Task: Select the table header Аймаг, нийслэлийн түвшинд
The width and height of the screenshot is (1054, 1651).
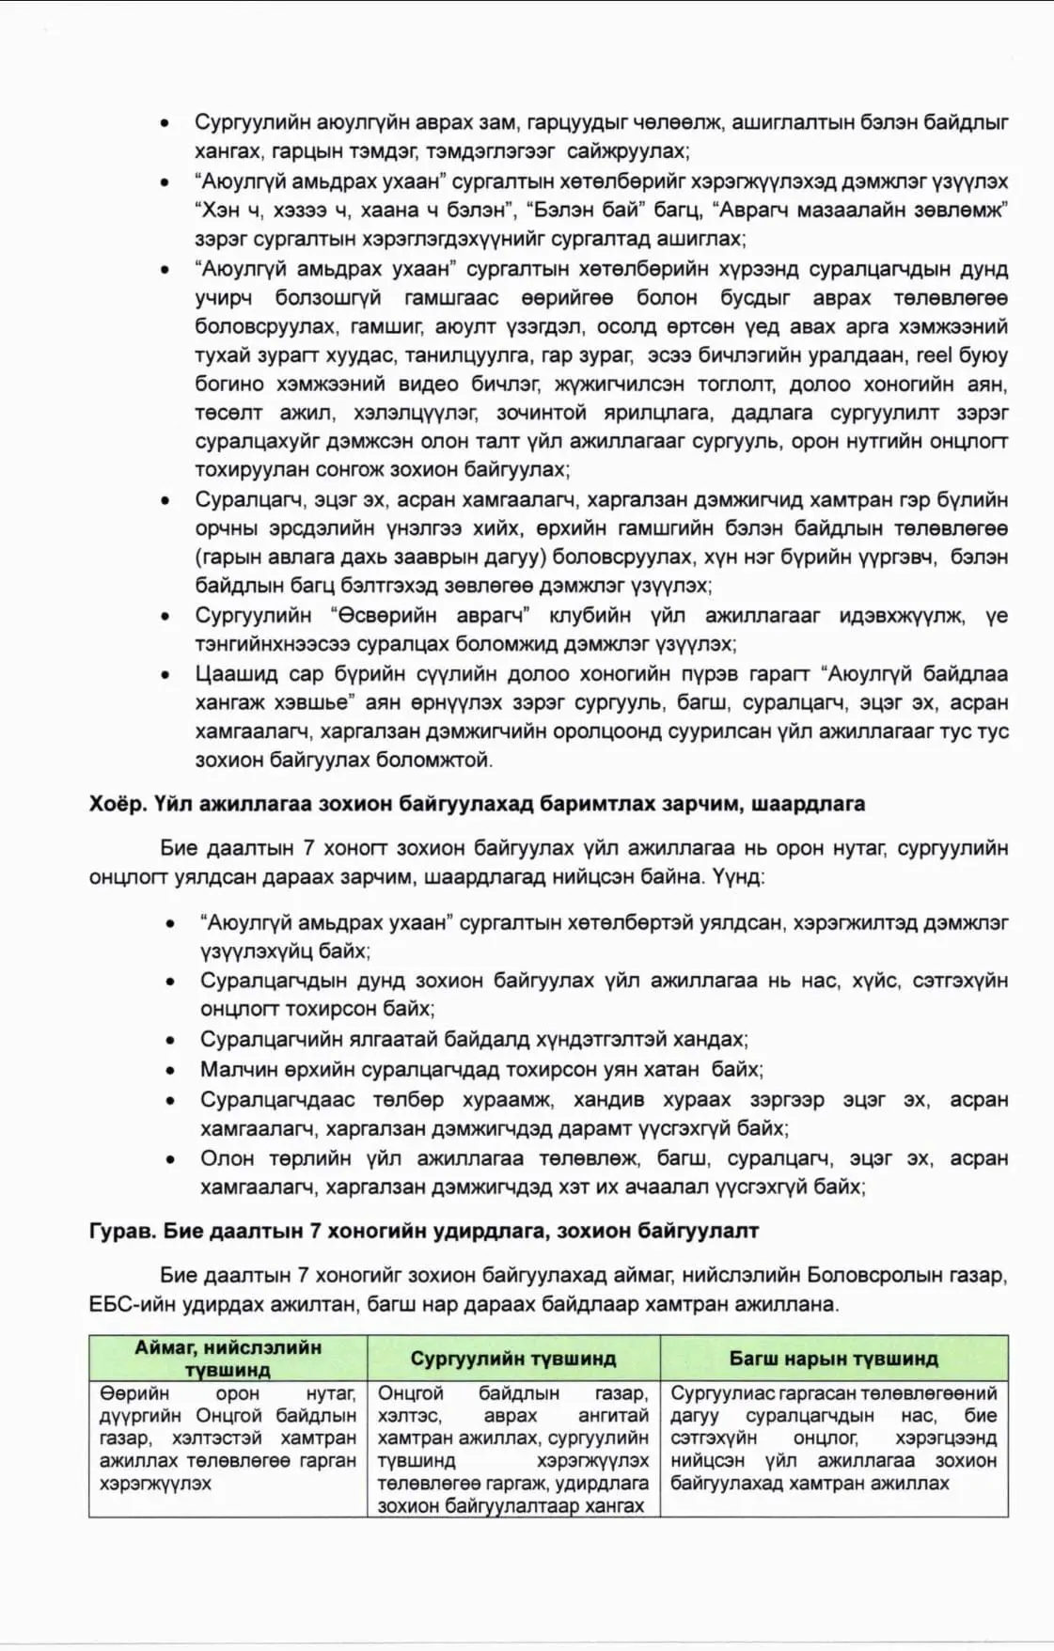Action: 228,1358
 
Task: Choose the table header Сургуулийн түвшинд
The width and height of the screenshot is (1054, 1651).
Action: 512,1359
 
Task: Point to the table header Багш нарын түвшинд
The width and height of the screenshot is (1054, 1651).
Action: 833,1359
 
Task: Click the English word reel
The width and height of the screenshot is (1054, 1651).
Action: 934,355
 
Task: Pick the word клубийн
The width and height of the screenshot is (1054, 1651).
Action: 590,616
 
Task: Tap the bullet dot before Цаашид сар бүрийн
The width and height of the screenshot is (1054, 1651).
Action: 166,675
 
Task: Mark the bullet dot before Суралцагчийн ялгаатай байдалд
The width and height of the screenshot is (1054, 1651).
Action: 170,1041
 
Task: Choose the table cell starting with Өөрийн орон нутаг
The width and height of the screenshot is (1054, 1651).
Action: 228,1438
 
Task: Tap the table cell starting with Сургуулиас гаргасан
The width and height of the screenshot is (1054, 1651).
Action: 833,1438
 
